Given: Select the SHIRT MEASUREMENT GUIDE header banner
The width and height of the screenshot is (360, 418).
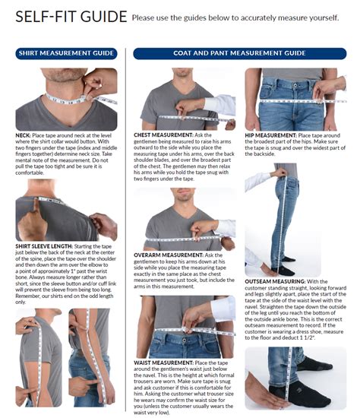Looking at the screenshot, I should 65,53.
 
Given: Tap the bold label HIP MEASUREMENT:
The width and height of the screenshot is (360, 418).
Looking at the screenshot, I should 270,135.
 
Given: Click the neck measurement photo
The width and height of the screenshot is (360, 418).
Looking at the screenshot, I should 66,99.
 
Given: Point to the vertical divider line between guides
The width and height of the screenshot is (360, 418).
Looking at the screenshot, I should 125,228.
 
